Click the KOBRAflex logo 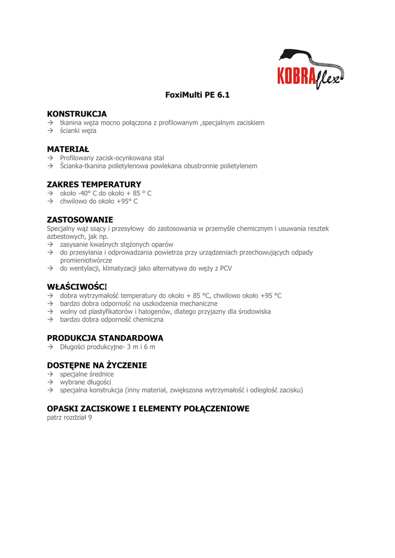tap(310, 69)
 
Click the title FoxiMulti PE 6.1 tap(197, 95)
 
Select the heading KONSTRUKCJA tap(77, 114)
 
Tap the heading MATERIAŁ tap(68, 149)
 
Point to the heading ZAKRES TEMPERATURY tap(94, 184)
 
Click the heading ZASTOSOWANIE tap(80, 220)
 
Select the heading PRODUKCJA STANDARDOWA tap(105, 338)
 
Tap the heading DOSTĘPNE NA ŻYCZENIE tap(97, 365)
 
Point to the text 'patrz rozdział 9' tap(69, 418)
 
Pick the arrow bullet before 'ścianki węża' tap(50, 131)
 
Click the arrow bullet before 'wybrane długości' tap(50, 382)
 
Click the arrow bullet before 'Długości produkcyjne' tap(50, 347)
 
